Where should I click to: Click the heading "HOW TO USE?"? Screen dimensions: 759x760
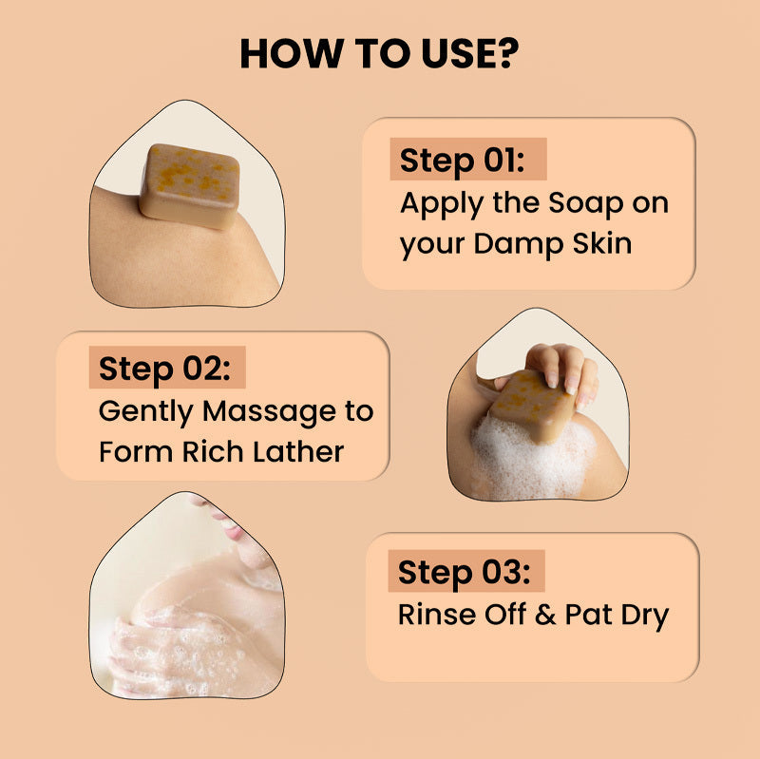tap(379, 54)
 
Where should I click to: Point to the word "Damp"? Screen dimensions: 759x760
tap(522, 243)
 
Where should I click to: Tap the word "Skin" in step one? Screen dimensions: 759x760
tap(601, 243)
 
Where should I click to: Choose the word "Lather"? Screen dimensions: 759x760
tap(297, 451)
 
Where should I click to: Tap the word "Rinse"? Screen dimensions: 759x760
tap(433, 614)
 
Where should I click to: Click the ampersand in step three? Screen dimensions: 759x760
tap(544, 614)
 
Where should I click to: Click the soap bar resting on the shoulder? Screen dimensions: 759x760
tap(190, 185)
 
